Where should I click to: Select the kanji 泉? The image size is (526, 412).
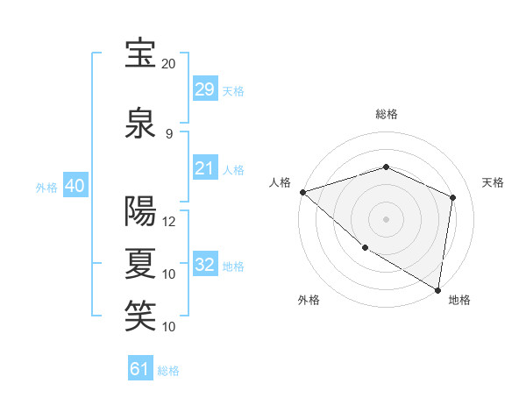pyautogui.click(x=140, y=124)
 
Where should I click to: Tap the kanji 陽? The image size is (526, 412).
pyautogui.click(x=140, y=211)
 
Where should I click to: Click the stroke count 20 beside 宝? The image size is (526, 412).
pyautogui.click(x=169, y=64)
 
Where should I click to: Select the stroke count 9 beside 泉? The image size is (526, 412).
pyautogui.click(x=169, y=134)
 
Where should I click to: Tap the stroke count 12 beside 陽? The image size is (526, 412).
pyautogui.click(x=169, y=222)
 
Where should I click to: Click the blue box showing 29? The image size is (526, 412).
pyautogui.click(x=204, y=89)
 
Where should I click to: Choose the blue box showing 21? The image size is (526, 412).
pyautogui.click(x=204, y=168)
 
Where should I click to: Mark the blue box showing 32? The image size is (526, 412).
pyautogui.click(x=204, y=265)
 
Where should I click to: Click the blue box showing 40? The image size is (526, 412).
pyautogui.click(x=75, y=186)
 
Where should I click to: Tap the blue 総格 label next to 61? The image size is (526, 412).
pyautogui.click(x=168, y=371)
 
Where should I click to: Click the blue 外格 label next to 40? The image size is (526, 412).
pyautogui.click(x=46, y=188)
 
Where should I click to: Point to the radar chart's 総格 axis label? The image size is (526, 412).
pyautogui.click(x=386, y=114)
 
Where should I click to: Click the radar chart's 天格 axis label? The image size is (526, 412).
pyautogui.click(x=493, y=182)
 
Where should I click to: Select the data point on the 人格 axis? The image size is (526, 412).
pyautogui.click(x=302, y=192)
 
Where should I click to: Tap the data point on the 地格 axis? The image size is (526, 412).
pyautogui.click(x=437, y=289)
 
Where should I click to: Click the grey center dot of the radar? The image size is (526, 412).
pyautogui.click(x=386, y=218)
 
